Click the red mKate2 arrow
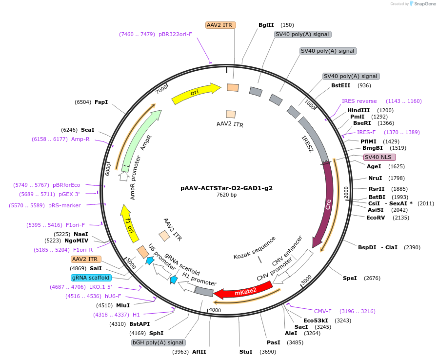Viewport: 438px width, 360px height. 243,291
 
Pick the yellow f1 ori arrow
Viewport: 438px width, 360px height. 129,223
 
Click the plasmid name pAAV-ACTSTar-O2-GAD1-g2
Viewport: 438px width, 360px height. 226,188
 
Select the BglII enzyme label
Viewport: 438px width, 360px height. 266,25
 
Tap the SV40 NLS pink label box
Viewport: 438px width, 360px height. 379,157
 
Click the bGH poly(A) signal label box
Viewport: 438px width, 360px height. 158,342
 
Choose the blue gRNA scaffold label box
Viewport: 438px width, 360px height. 91,278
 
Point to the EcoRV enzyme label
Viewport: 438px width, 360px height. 376,218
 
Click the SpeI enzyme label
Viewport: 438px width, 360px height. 350,278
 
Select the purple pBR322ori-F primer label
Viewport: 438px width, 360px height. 175,34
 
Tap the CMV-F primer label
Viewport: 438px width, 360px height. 322,311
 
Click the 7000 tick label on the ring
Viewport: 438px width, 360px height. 161,89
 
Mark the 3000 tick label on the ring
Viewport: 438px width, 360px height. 306,280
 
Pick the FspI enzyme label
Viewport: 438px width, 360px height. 101,102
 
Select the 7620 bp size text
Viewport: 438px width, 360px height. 226,195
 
